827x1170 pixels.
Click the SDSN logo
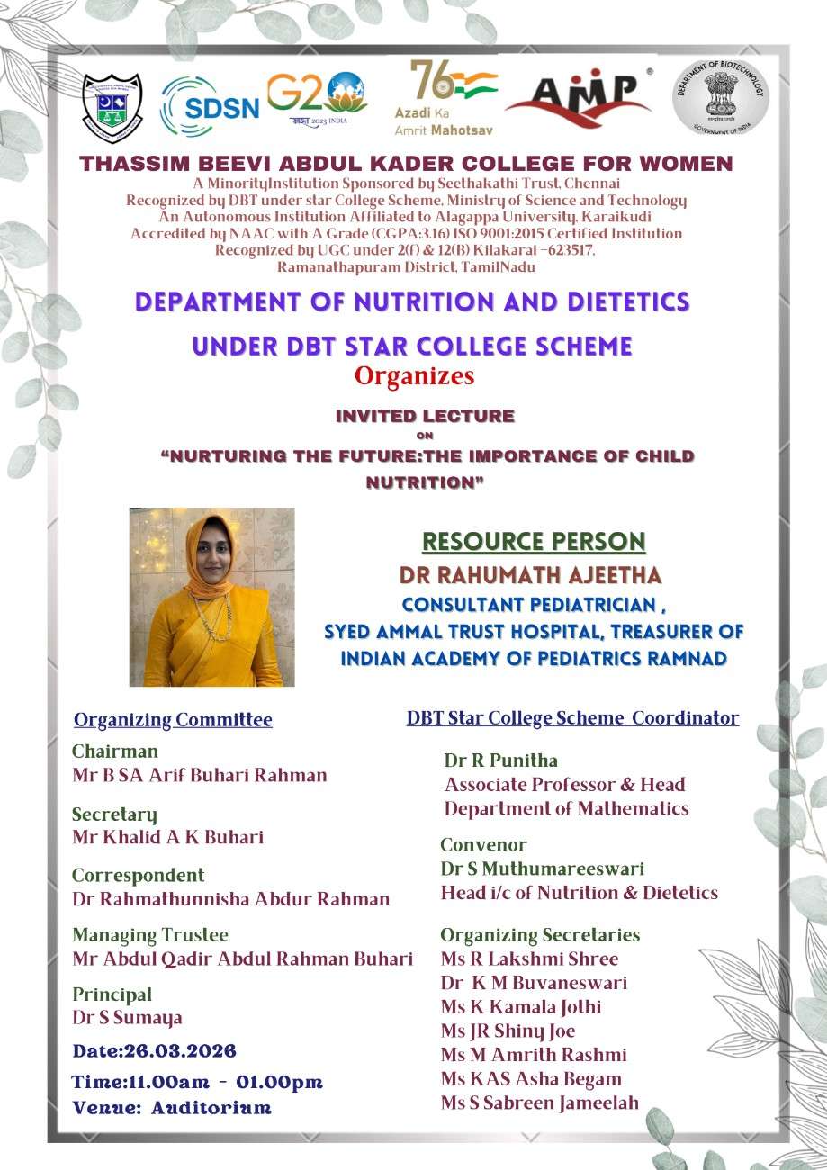[x=210, y=106]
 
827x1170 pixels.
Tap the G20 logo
[x=317, y=97]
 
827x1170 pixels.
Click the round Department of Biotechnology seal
[x=720, y=97]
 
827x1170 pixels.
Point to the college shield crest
[x=112, y=107]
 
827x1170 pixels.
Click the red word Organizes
[x=414, y=375]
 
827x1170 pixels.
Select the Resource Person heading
[x=534, y=541]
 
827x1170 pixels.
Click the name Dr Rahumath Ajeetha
[x=531, y=574]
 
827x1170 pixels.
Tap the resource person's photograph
[x=211, y=597]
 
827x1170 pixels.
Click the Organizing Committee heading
[x=173, y=720]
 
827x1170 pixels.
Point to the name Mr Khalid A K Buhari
[x=167, y=837]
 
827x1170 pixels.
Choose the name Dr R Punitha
[x=500, y=760]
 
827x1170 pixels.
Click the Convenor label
[x=483, y=845]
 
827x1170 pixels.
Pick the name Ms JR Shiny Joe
[x=508, y=1030]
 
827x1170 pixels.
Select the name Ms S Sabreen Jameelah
[x=540, y=1102]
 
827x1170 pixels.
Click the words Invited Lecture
[x=425, y=416]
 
